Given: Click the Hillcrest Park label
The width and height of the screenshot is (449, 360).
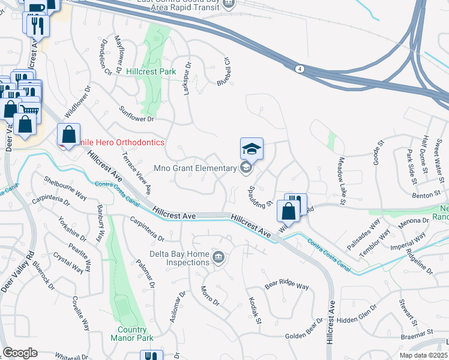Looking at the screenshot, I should click(x=151, y=71).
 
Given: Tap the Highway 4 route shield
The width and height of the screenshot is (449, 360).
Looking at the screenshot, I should click(x=298, y=70).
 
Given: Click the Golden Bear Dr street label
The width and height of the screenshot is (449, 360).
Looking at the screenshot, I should click(x=304, y=337).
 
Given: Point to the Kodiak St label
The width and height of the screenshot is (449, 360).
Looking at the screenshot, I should click(x=255, y=308).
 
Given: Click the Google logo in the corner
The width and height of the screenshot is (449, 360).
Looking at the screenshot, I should click(x=20, y=353).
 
